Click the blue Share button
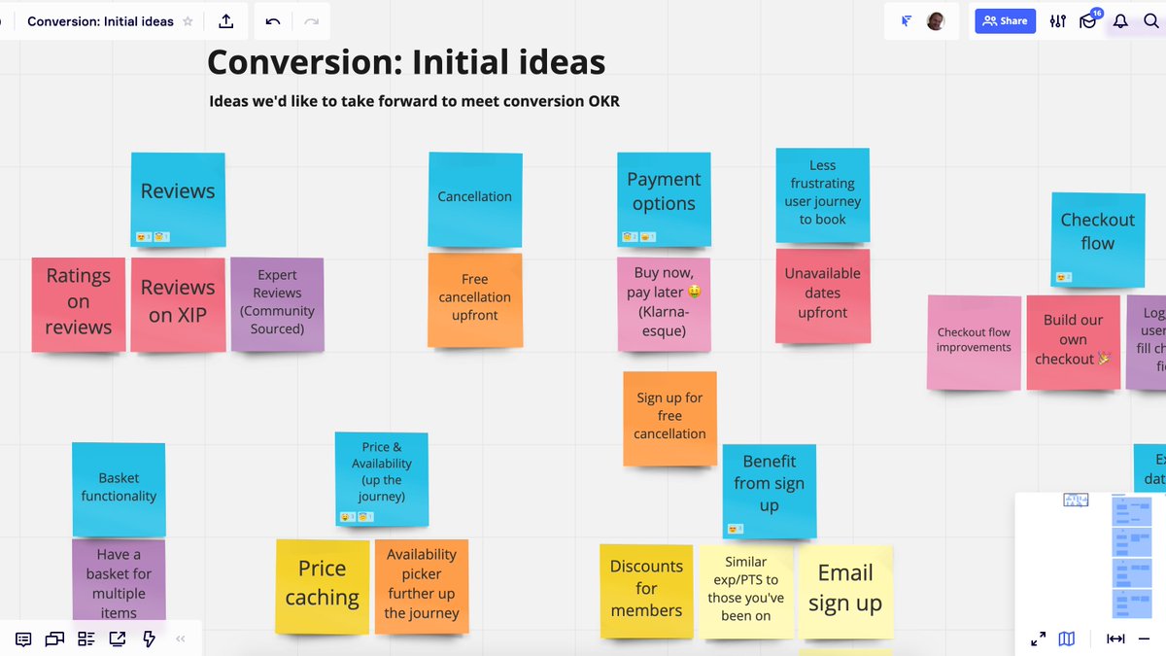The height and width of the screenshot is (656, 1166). pos(1005,20)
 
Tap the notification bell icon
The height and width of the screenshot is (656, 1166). pos(1120,21)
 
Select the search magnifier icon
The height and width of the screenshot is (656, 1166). pos(1150,21)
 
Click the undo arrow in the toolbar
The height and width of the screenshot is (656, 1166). pos(272,21)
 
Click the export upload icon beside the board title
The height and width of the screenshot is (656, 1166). pos(226,21)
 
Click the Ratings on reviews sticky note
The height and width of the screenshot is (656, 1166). pos(78,303)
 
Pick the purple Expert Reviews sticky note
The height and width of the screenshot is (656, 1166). pos(277,303)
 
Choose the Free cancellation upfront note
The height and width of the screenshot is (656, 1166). pos(474,298)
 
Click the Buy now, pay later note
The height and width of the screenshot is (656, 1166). pos(664,302)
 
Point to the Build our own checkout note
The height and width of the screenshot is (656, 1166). pos(1073,341)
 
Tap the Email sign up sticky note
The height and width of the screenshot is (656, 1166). pos(844,589)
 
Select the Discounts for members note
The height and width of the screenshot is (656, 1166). pos(646,589)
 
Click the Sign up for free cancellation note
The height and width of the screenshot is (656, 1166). pos(669,417)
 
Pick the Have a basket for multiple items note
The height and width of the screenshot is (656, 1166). pos(119,581)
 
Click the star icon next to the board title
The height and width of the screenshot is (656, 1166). pos(188,21)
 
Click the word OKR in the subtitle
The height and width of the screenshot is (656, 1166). pos(600,101)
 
